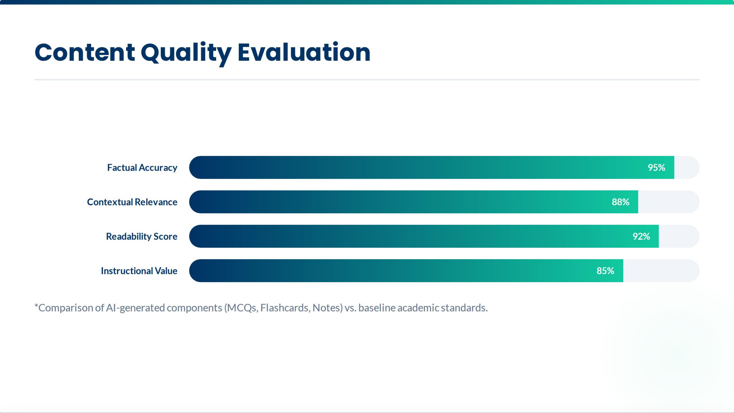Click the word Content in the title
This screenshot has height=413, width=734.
click(x=85, y=53)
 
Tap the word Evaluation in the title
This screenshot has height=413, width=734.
click(x=304, y=53)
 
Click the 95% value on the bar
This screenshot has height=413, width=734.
click(x=656, y=168)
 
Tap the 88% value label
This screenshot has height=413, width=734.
click(x=620, y=202)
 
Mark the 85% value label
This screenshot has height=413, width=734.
click(x=605, y=271)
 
